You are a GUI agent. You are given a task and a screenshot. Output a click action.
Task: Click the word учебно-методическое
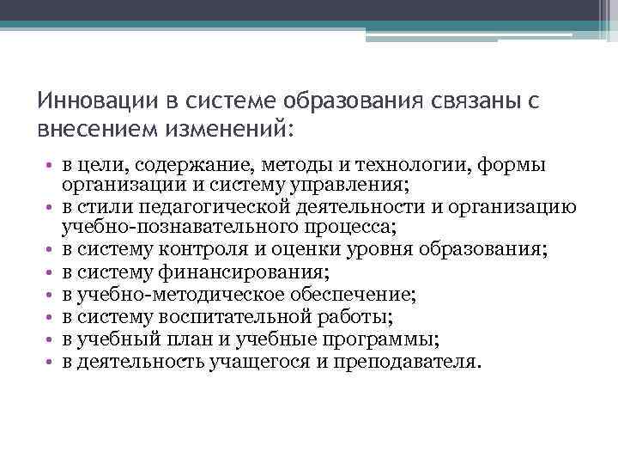coord(171,295)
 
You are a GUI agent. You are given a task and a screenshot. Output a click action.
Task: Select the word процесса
coord(351,227)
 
